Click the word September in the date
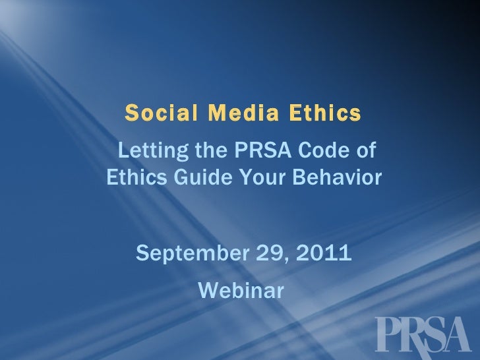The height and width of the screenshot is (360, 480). pos(191,253)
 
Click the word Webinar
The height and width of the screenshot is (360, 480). pos(240,289)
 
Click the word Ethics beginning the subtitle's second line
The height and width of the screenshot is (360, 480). pos(135,177)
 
